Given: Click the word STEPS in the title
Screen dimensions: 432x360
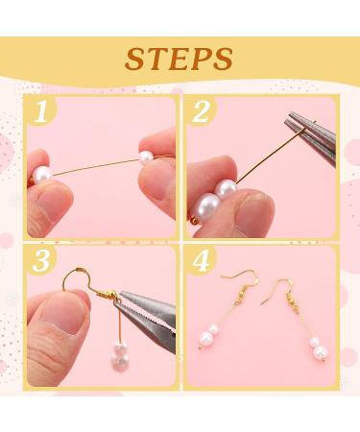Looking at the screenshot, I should point(180,57).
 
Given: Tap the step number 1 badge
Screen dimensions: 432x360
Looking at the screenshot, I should point(40,111).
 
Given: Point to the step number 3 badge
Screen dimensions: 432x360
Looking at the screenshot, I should point(40,261).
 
